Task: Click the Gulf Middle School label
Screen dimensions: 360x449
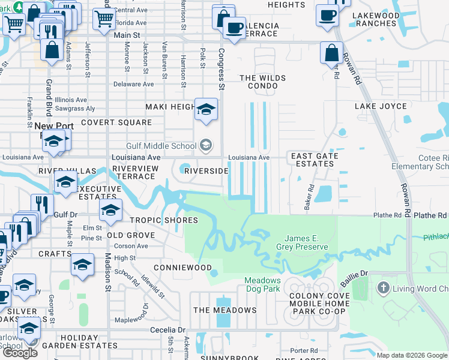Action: tap(161, 146)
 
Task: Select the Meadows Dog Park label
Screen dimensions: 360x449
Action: tap(262, 284)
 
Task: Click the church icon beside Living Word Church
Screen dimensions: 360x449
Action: tap(384, 289)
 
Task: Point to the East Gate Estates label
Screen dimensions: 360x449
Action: tap(315, 160)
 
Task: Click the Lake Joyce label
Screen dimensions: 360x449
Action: tap(381, 106)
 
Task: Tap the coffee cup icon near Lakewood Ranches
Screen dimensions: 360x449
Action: tap(328, 15)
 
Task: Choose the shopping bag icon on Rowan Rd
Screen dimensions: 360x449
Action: tap(331, 53)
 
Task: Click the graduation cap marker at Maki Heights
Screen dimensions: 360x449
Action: tap(206, 110)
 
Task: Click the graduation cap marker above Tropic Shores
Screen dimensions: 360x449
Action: tap(110, 210)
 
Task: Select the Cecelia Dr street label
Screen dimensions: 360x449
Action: tap(167, 330)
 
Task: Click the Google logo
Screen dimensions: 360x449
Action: tap(20, 353)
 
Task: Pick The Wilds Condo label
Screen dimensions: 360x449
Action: tap(259, 82)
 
